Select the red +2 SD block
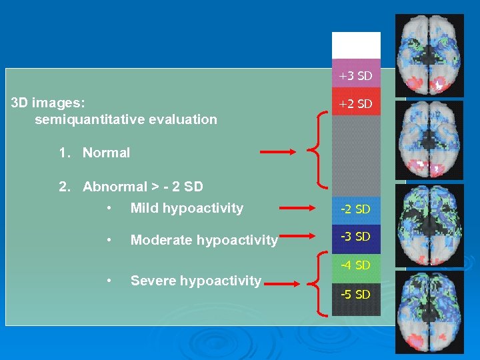click(356, 103)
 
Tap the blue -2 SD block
click(356, 209)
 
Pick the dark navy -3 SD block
click(356, 237)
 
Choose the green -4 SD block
click(356, 266)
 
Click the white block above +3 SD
click(356, 45)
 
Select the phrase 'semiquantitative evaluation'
click(126, 120)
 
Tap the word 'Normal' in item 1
click(106, 153)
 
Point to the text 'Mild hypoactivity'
click(187, 208)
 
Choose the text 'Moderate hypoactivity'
click(204, 240)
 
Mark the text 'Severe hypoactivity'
click(196, 281)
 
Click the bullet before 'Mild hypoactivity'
click(108, 209)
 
